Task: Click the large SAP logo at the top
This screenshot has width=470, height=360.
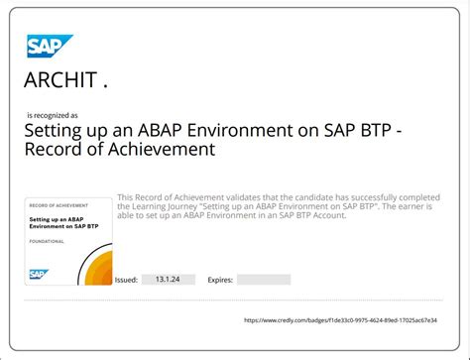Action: coord(45,46)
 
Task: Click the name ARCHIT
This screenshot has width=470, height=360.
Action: coord(65,80)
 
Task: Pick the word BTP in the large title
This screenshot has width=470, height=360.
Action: coord(361,130)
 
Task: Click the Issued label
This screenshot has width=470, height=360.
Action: coord(127,280)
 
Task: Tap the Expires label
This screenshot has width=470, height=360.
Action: coord(219,280)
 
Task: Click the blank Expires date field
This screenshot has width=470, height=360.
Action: coord(264,280)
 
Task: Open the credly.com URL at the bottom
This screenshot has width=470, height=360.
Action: coord(352,319)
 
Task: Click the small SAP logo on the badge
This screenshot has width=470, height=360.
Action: coord(40,275)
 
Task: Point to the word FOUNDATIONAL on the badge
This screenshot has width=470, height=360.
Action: coord(49,240)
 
